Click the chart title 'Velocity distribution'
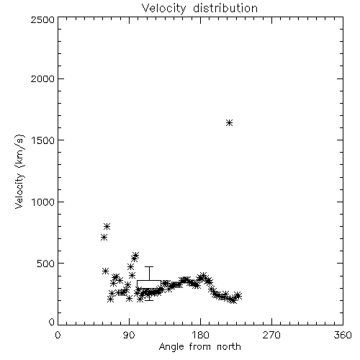point(199,9)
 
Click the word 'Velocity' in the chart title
point(163,9)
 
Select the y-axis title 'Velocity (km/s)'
point(19,171)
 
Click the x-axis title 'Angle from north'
point(199,347)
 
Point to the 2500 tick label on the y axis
point(42,19)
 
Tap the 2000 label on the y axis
point(42,78)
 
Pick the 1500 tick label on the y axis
point(42,140)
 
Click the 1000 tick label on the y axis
point(42,202)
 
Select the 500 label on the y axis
point(45,264)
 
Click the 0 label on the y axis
point(52,322)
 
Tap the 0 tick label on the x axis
point(58,335)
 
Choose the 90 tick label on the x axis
point(129,335)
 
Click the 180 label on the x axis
point(200,335)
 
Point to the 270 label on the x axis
point(271,335)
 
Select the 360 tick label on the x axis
point(343,335)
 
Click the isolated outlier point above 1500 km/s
point(229,123)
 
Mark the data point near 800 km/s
point(107,226)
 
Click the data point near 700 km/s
point(104,238)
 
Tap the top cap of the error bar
point(149,266)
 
